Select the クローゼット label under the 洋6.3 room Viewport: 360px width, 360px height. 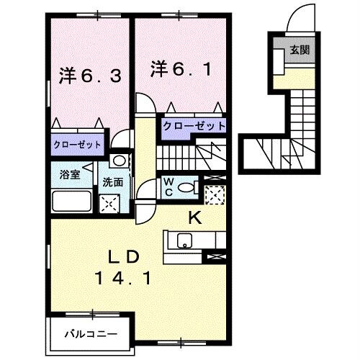(x=77, y=144)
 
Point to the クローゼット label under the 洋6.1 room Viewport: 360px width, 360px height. (x=193, y=125)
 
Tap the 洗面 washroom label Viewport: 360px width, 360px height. (x=111, y=182)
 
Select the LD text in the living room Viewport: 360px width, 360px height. (x=121, y=256)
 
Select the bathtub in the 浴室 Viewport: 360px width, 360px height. (x=70, y=201)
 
